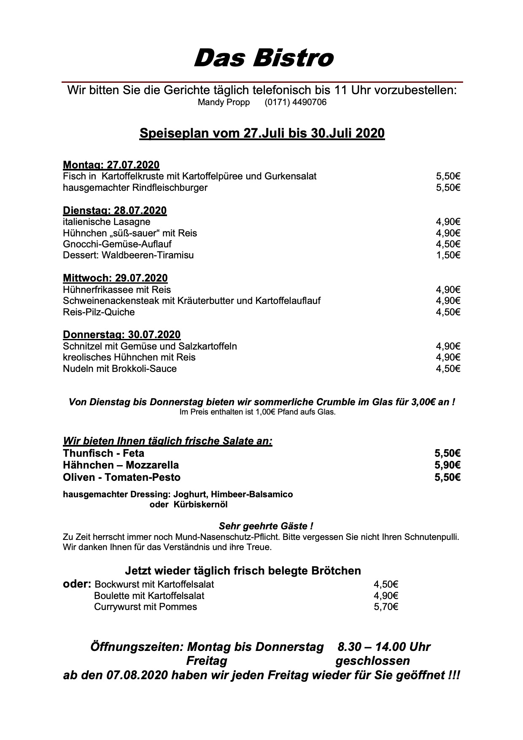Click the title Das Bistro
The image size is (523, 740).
click(x=263, y=58)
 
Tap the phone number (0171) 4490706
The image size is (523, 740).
click(x=295, y=103)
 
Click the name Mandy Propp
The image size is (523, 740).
click(x=224, y=103)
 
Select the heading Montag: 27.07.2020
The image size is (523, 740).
click(x=111, y=165)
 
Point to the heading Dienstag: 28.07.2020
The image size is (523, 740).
click(x=115, y=210)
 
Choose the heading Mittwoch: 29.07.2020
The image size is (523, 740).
click(x=115, y=278)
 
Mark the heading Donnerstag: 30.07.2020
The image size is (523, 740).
click(x=121, y=335)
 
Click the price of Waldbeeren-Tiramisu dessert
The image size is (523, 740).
click(x=448, y=255)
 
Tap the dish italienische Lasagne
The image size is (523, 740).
click(x=106, y=222)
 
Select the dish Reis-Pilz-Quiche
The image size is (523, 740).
click(x=99, y=312)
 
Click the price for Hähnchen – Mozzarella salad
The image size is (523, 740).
click(x=447, y=465)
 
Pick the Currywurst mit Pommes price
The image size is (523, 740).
click(x=386, y=607)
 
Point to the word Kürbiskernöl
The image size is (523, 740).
click(x=200, y=504)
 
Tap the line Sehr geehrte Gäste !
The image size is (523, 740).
click(x=266, y=526)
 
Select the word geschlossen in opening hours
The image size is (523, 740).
click(x=372, y=661)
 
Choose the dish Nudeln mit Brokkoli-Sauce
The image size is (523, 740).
click(x=120, y=369)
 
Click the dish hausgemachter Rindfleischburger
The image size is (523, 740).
click(x=135, y=187)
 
